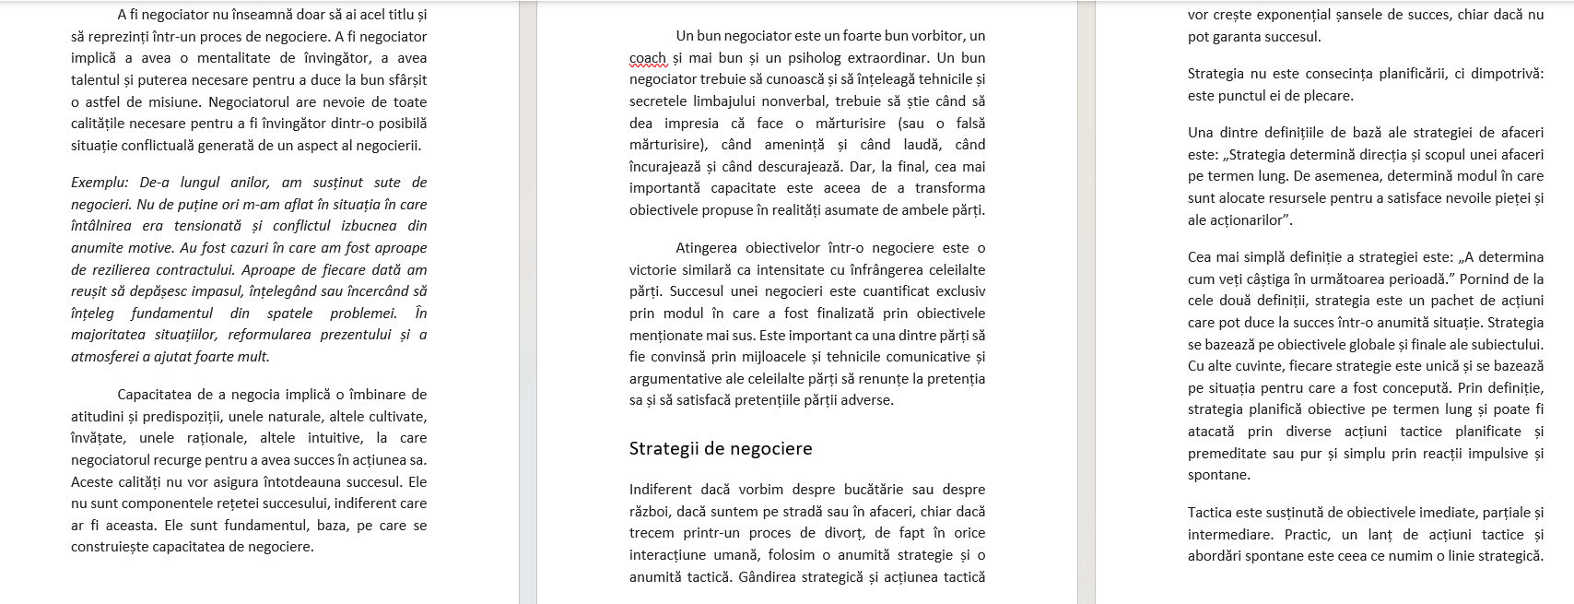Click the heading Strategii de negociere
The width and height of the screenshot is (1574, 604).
(x=721, y=449)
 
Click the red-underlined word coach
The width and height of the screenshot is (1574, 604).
(x=647, y=58)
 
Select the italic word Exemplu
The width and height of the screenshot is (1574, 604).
(x=100, y=183)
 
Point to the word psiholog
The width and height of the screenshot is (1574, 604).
(x=793, y=58)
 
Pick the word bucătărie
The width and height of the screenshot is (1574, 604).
(x=872, y=490)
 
